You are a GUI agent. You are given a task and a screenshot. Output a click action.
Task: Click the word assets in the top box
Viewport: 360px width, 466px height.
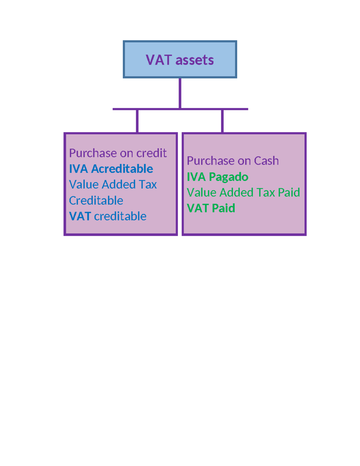pyautogui.click(x=195, y=60)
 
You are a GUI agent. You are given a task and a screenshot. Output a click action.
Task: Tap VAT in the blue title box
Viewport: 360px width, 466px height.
pyautogui.click(x=159, y=60)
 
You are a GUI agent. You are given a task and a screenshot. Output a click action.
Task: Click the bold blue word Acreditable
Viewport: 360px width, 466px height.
pyautogui.click(x=122, y=169)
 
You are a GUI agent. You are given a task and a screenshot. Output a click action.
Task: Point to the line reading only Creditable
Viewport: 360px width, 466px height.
pyautogui.click(x=96, y=200)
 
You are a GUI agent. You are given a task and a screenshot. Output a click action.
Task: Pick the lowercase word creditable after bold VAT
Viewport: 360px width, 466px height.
pyautogui.click(x=120, y=216)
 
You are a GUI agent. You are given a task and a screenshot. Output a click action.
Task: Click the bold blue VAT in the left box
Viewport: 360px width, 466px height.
pyautogui.click(x=80, y=216)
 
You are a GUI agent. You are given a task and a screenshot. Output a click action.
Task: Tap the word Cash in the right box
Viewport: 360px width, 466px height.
pyautogui.click(x=266, y=161)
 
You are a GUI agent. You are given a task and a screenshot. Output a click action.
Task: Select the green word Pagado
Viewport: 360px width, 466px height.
pyautogui.click(x=229, y=177)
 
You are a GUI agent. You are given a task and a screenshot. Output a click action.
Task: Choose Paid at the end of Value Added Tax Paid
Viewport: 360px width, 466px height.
pyautogui.click(x=289, y=193)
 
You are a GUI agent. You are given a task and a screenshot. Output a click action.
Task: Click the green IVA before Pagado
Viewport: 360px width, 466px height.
pyautogui.click(x=196, y=177)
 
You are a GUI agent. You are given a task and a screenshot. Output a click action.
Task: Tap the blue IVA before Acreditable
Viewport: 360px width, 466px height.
pyautogui.click(x=78, y=169)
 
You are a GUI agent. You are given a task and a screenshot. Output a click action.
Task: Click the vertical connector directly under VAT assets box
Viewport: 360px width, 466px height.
pyautogui.click(x=180, y=93)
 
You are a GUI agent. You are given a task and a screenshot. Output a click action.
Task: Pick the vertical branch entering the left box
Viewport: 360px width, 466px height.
pyautogui.click(x=137, y=121)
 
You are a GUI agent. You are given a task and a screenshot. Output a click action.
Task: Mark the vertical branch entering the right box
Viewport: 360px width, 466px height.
pyautogui.click(x=222, y=121)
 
